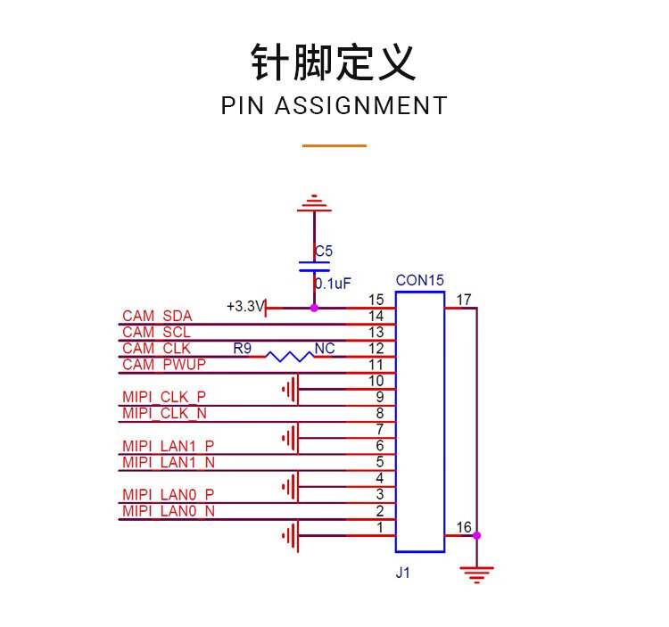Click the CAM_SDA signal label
coord(157,316)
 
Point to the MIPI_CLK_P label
coord(165,396)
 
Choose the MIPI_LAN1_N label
coord(169,462)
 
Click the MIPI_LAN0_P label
coord(169,494)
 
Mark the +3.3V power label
coord(245,307)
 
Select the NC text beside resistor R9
coord(325,348)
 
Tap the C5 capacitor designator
coord(324,252)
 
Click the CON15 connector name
coord(419,280)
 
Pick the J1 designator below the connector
coord(403,574)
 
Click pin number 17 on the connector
coord(463,300)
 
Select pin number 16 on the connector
coord(463,527)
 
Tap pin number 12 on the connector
coord(376,348)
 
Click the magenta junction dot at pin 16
coord(477,536)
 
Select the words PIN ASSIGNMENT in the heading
coord(334,105)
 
